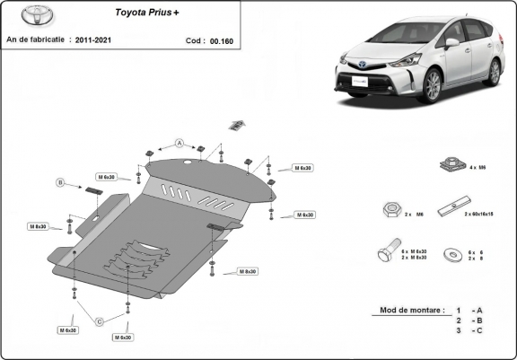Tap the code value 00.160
220,40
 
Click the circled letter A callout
179,144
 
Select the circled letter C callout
100,320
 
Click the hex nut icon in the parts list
390,210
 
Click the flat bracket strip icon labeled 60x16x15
451,209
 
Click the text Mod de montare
411,310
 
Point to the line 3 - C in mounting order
469,331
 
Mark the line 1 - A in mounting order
469,310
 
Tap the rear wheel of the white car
492,72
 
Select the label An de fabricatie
37,40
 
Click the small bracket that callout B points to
94,190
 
